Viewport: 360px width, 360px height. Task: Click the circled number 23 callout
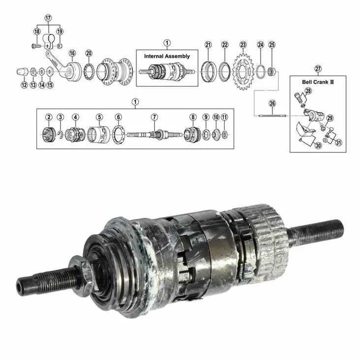pos(243,45)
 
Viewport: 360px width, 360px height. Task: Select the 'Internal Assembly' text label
pos(167,57)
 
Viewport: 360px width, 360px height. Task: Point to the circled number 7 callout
pos(154,117)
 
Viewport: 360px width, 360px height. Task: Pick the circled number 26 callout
pos(272,104)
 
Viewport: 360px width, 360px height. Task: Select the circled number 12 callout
pos(24,85)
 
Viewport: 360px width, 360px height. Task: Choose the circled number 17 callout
pos(48,18)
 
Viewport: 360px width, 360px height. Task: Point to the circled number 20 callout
pos(89,53)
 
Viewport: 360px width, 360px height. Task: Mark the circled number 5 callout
pos(99,117)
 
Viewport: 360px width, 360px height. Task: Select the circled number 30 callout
pos(318,146)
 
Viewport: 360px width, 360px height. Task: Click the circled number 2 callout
pos(49,117)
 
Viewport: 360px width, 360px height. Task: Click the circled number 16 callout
pos(72,53)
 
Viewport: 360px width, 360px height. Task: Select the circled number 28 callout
pos(308,91)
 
